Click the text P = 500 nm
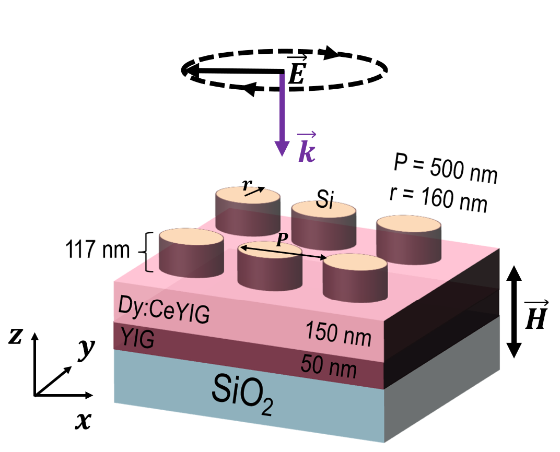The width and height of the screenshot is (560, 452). (x=446, y=168)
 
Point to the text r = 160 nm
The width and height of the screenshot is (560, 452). (x=439, y=199)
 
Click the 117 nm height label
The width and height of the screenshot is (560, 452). (x=97, y=249)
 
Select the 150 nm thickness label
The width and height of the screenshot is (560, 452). (x=338, y=334)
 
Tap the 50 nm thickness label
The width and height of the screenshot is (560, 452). (x=329, y=366)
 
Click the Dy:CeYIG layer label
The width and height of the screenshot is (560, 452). (x=164, y=309)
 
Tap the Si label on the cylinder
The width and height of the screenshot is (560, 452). (x=325, y=199)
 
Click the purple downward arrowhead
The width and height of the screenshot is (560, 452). (x=282, y=148)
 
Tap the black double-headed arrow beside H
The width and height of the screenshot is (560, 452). (x=514, y=312)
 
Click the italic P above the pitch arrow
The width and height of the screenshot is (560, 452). (x=282, y=240)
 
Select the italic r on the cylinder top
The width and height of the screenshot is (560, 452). (x=247, y=184)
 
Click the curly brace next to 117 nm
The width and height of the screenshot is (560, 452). (x=146, y=252)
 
